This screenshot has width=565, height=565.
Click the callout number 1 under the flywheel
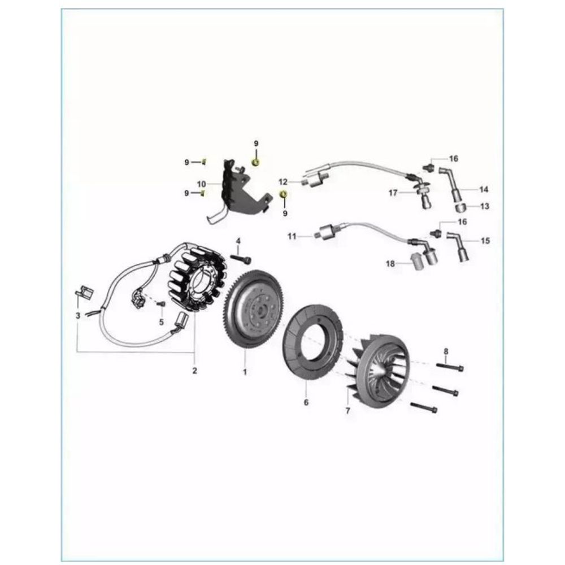point(245,372)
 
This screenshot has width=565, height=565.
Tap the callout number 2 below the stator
point(194,371)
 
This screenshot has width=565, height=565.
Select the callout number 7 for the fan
point(347,410)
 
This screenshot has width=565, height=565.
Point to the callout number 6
point(306,402)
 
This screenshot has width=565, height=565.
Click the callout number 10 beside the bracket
point(202,185)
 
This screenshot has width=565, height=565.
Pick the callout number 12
point(283,182)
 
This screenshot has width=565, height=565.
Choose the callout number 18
point(390,264)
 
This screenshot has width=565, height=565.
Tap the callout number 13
point(485,206)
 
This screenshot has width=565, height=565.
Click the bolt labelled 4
point(240,259)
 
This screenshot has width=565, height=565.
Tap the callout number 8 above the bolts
point(446,351)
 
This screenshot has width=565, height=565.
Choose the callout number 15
point(485,240)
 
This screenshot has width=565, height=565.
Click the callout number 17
point(393,193)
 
